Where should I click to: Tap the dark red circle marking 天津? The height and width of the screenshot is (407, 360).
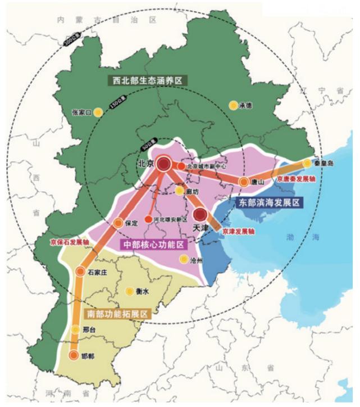(x=200, y=214)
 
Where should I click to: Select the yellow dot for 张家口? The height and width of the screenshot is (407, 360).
(x=98, y=112)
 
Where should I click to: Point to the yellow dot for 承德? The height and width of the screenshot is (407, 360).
(x=233, y=105)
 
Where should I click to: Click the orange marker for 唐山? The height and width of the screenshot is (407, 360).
(x=244, y=182)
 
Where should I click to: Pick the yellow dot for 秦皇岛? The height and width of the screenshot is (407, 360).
(x=307, y=163)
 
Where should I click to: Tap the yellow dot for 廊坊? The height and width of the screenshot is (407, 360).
(x=179, y=191)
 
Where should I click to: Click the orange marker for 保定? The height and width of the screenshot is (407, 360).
(x=119, y=223)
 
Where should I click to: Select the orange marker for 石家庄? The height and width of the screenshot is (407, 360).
(x=80, y=272)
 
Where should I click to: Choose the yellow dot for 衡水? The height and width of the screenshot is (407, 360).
(x=130, y=291)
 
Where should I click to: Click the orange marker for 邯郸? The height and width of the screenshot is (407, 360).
(x=74, y=356)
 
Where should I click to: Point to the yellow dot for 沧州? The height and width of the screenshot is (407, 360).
(x=183, y=259)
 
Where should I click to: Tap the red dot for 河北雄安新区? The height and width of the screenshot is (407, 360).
(x=148, y=219)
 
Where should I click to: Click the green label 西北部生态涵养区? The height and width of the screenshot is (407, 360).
(x=148, y=80)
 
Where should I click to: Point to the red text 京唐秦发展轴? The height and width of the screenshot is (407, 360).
(x=296, y=179)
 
